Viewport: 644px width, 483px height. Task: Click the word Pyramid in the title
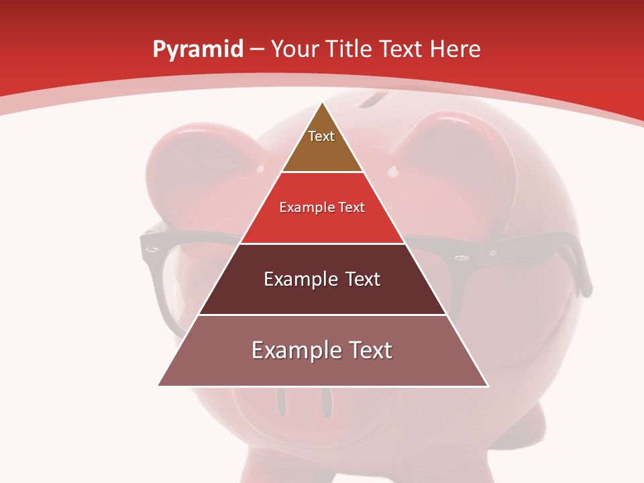tap(197, 50)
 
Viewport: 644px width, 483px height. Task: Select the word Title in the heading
tap(351, 50)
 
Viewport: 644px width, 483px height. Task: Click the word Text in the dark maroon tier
tap(363, 279)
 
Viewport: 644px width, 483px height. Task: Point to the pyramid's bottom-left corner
tap(158, 386)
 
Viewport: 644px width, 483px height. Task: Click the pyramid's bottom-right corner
tap(488, 386)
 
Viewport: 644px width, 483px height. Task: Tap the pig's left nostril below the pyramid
tap(282, 403)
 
